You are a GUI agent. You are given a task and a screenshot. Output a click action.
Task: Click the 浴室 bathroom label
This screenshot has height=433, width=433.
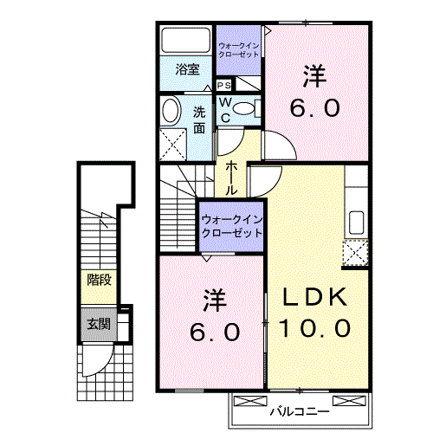[x=187, y=69]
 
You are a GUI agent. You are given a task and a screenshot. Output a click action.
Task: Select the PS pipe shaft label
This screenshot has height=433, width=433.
[x=223, y=86]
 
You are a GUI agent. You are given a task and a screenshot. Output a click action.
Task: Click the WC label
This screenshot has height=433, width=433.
[x=223, y=109]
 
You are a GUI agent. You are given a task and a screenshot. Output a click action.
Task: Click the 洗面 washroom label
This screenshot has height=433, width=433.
[x=199, y=120]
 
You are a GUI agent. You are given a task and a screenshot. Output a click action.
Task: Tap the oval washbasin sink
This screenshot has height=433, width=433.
[x=171, y=110]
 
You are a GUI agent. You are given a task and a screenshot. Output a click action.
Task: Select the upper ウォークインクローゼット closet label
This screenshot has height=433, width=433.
[x=237, y=48]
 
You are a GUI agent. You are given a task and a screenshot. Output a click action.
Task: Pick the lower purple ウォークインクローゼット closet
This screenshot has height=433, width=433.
[x=231, y=227]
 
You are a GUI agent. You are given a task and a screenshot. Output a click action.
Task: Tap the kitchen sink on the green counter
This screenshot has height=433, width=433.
[x=355, y=221]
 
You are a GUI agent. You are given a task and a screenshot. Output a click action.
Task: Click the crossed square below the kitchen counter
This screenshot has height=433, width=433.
[x=355, y=254]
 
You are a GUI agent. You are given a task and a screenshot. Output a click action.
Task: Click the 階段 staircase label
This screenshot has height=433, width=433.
[x=98, y=279]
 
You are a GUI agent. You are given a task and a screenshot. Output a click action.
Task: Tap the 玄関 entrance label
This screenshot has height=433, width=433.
[x=98, y=325]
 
